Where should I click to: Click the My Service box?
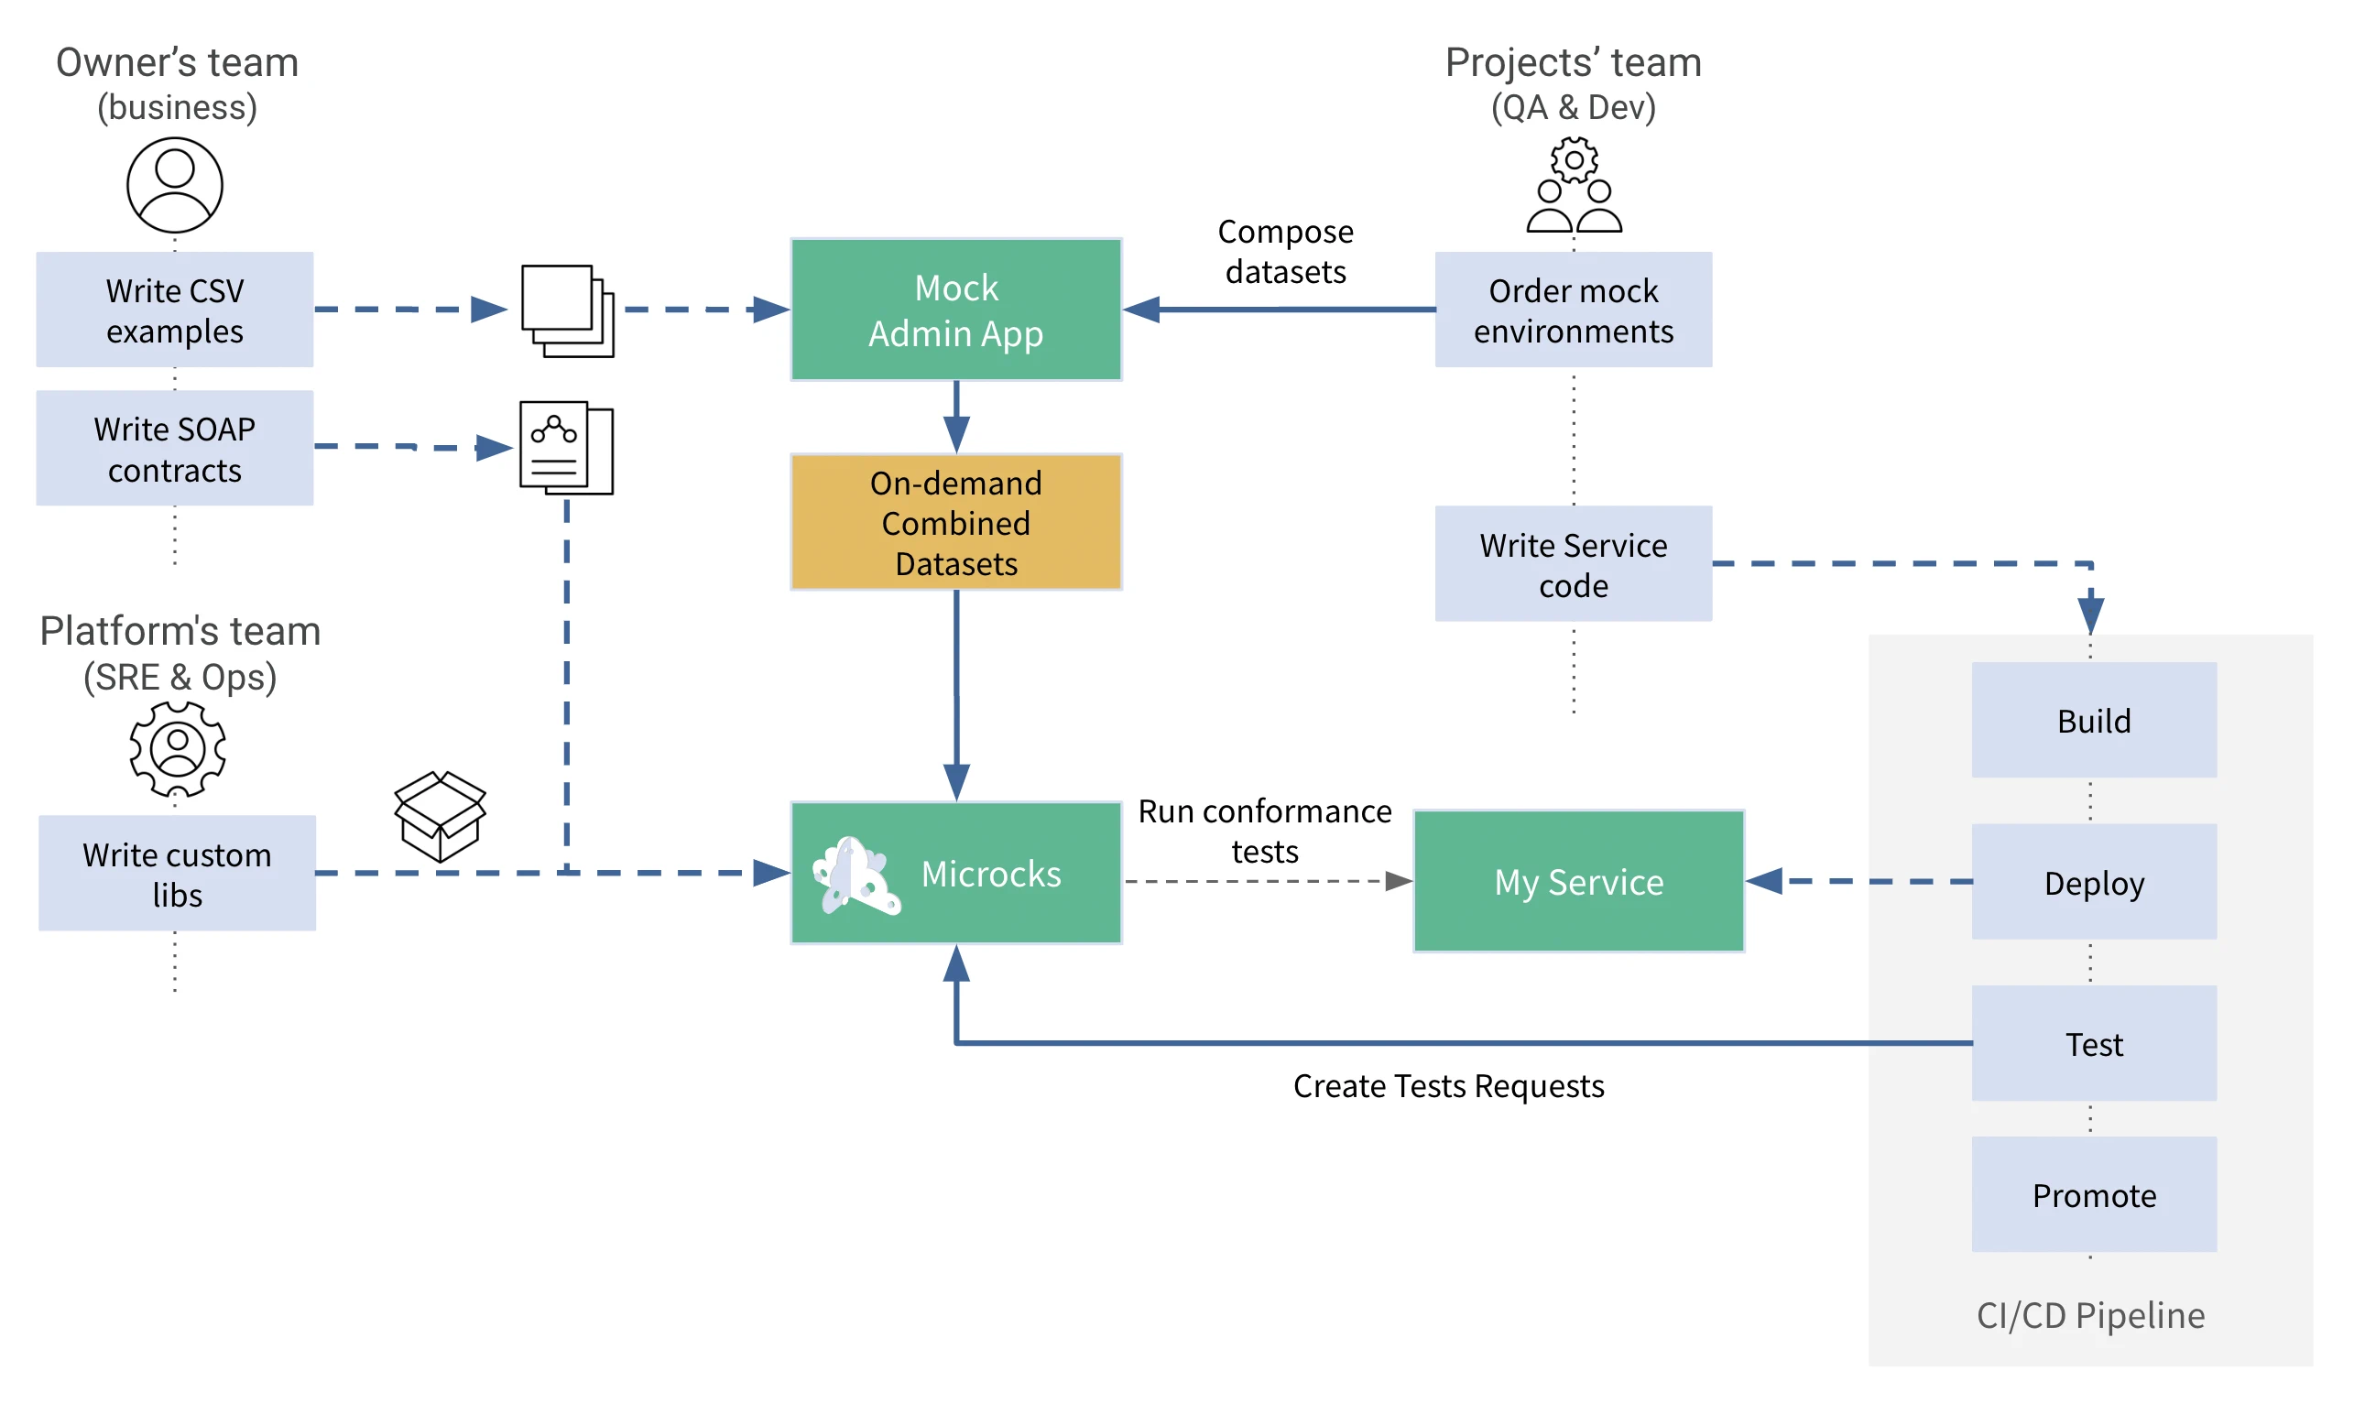coord(1578,881)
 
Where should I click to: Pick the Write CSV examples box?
coord(175,310)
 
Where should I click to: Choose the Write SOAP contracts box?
coord(175,448)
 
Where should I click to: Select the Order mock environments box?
coord(1573,310)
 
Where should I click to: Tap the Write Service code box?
coord(1573,563)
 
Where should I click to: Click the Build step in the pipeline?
coord(2093,721)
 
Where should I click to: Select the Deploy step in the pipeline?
coord(2093,882)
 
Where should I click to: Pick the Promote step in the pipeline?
coord(2093,1195)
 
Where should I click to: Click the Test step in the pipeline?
coord(2093,1044)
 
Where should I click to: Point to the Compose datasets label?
coord(1285,252)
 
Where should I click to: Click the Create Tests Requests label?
coord(1447,1085)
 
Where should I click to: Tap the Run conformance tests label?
coord(1264,830)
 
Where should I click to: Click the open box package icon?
coord(440,816)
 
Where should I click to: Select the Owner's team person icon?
coord(175,185)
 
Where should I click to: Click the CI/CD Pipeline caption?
coord(2089,1315)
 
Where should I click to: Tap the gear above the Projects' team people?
coord(1573,159)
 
